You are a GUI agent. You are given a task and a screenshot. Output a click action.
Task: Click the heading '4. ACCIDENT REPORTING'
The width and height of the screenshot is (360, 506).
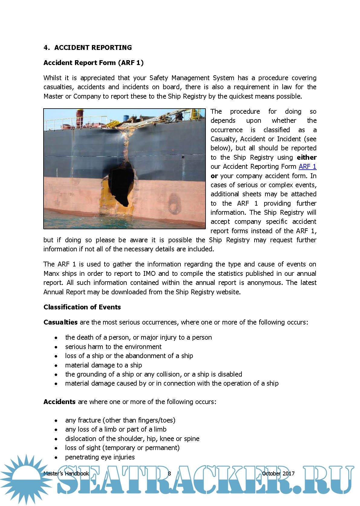(x=88, y=47)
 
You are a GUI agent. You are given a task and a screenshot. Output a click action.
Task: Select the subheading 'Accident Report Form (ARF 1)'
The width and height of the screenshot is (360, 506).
(x=93, y=63)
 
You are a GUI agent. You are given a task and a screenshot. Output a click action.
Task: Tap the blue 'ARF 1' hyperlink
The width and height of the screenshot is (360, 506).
(x=307, y=166)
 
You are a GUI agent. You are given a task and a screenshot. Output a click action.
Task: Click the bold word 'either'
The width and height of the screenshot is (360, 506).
(x=306, y=157)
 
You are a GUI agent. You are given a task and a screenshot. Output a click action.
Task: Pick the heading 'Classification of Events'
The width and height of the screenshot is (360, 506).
(x=82, y=307)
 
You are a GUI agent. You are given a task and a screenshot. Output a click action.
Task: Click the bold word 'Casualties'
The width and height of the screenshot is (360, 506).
(x=60, y=322)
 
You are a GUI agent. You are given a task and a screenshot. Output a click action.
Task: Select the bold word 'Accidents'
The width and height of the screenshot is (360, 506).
(x=59, y=402)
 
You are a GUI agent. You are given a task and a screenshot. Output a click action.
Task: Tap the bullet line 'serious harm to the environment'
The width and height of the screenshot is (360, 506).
(x=113, y=347)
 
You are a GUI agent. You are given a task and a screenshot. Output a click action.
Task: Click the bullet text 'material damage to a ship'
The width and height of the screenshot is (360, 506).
(x=103, y=365)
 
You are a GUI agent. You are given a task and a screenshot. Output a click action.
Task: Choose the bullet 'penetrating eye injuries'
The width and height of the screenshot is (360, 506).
(x=100, y=457)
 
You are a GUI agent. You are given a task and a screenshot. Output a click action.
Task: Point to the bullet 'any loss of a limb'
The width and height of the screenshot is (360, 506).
(x=115, y=429)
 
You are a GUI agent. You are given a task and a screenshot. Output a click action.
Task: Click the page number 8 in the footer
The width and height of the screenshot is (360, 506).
(x=169, y=473)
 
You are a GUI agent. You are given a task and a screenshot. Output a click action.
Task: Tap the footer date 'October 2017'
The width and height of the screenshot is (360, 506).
(x=278, y=473)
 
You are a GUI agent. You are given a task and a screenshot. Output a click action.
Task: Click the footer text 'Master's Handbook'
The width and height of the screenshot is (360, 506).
(x=66, y=473)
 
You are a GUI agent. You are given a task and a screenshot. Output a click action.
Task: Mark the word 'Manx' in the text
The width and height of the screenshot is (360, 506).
(x=51, y=273)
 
